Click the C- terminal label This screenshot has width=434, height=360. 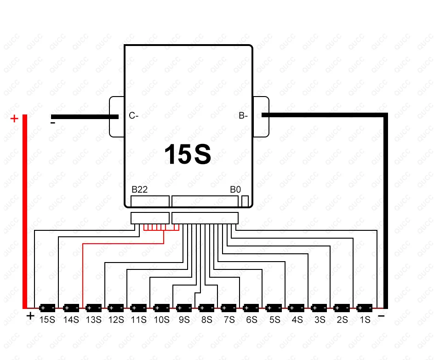coord(134,116)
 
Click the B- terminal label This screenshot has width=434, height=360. coord(243,116)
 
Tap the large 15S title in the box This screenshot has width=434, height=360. coord(188,154)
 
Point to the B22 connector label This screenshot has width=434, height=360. coord(139,190)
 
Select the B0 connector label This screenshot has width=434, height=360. coord(235,190)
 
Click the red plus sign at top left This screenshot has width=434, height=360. coord(14,119)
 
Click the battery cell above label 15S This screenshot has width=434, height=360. coord(47,308)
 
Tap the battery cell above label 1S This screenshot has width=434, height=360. coord(365,308)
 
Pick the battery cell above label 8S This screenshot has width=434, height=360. coord(206,308)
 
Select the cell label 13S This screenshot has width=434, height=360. coord(93,320)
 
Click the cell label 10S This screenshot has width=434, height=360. coord(161,320)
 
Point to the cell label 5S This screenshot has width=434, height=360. coord(274,320)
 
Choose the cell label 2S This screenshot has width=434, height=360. coord(342,320)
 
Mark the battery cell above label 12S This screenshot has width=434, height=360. coord(115,308)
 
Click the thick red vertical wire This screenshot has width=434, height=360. coord(25,211)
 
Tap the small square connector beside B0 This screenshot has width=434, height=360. coord(245,201)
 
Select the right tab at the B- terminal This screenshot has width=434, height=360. coord(261,117)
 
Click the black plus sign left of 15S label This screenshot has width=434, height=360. coord(30,316)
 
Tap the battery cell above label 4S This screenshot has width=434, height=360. coord(297,308)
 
